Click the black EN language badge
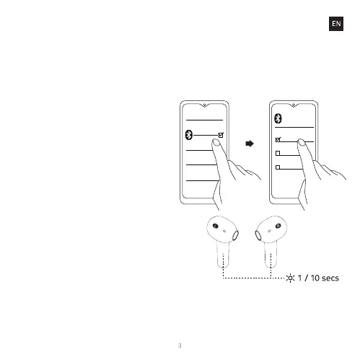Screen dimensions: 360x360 coord(336,24)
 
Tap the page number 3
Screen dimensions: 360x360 coord(180,346)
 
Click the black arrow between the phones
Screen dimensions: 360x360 coord(250,144)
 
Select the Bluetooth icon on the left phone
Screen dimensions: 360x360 coord(189,135)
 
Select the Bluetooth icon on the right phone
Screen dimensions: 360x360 coord(278,118)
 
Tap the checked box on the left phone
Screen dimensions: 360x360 coord(221,135)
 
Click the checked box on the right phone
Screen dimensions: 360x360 coord(278,139)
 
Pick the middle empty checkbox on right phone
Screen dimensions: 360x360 coord(278,153)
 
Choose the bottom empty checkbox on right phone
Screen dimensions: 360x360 coord(278,167)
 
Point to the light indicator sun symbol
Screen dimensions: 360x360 coord(290,278)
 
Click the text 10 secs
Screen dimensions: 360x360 coord(325,278)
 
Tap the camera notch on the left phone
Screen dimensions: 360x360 coord(204,105)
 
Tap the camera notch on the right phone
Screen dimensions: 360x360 coord(294,105)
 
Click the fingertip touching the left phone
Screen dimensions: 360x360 coord(216,143)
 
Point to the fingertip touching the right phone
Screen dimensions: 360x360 coord(302,142)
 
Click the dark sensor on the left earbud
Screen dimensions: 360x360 coord(216,226)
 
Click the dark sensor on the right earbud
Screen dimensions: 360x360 coord(278,226)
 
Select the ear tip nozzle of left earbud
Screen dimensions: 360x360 coord(236,234)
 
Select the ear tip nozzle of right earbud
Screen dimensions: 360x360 coord(258,235)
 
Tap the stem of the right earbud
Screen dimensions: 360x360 coord(271,255)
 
